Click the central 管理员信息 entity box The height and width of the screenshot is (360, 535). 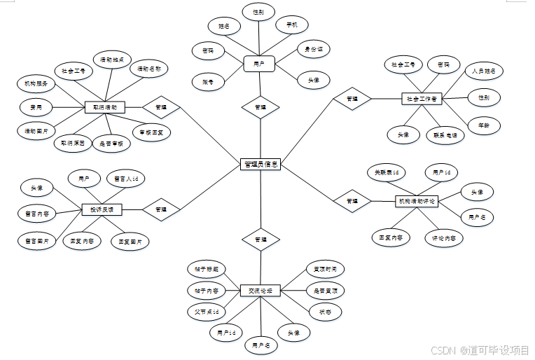point(260,164)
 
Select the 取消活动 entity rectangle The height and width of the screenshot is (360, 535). point(105,108)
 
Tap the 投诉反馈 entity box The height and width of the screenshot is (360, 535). point(102,209)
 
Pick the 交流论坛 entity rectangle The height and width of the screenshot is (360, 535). point(260,289)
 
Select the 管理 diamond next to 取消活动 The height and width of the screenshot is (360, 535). point(161,108)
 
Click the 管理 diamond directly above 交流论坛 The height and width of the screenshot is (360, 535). point(260,240)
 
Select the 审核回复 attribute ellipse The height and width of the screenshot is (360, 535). point(151,130)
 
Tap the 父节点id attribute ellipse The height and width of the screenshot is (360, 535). point(206,311)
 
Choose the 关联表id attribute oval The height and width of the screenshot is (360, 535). point(386,172)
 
